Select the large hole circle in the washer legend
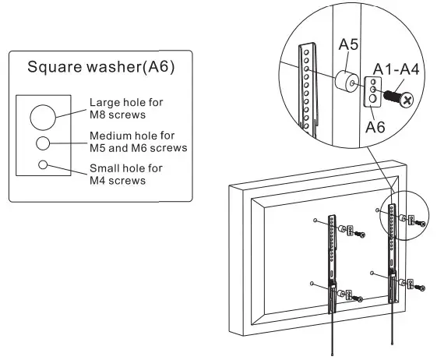tap(44, 117)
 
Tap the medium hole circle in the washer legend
tap(44, 142)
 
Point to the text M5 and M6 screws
tap(139, 147)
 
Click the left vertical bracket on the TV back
tap(334, 257)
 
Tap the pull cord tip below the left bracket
tap(334, 355)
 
